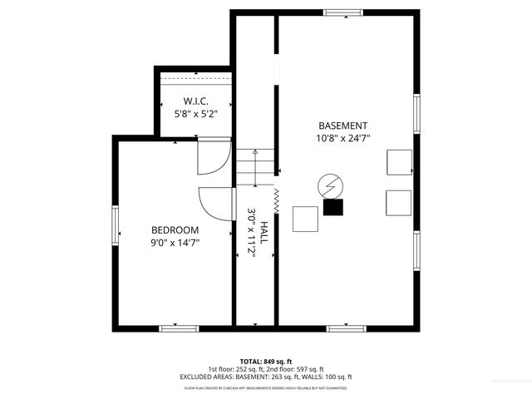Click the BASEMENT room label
click(342, 126)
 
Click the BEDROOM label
click(175, 230)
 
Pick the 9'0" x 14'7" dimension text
click(175, 243)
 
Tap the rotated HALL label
click(264, 234)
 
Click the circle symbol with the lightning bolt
click(329, 185)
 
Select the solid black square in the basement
click(333, 208)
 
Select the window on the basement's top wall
click(342, 12)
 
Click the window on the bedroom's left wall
click(116, 225)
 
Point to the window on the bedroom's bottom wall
click(179, 328)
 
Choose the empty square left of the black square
click(305, 218)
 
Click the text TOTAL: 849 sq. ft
click(266, 362)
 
